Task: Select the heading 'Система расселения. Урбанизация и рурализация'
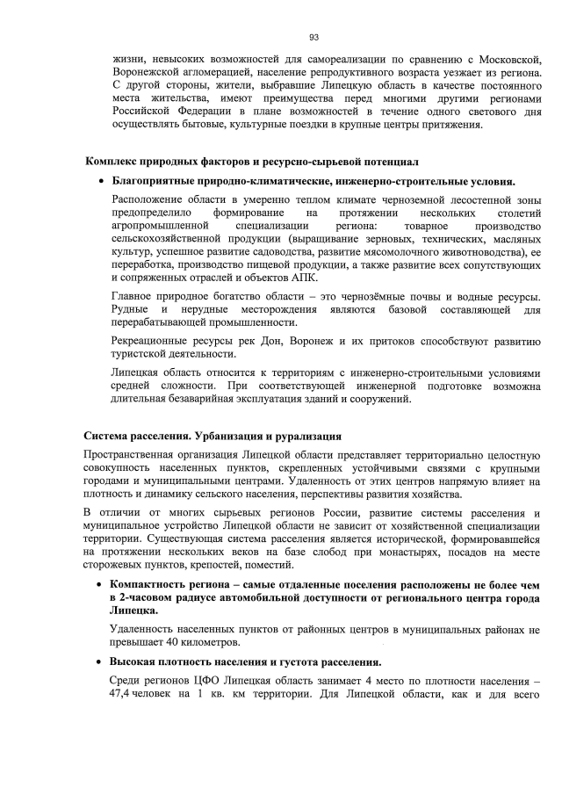206,436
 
